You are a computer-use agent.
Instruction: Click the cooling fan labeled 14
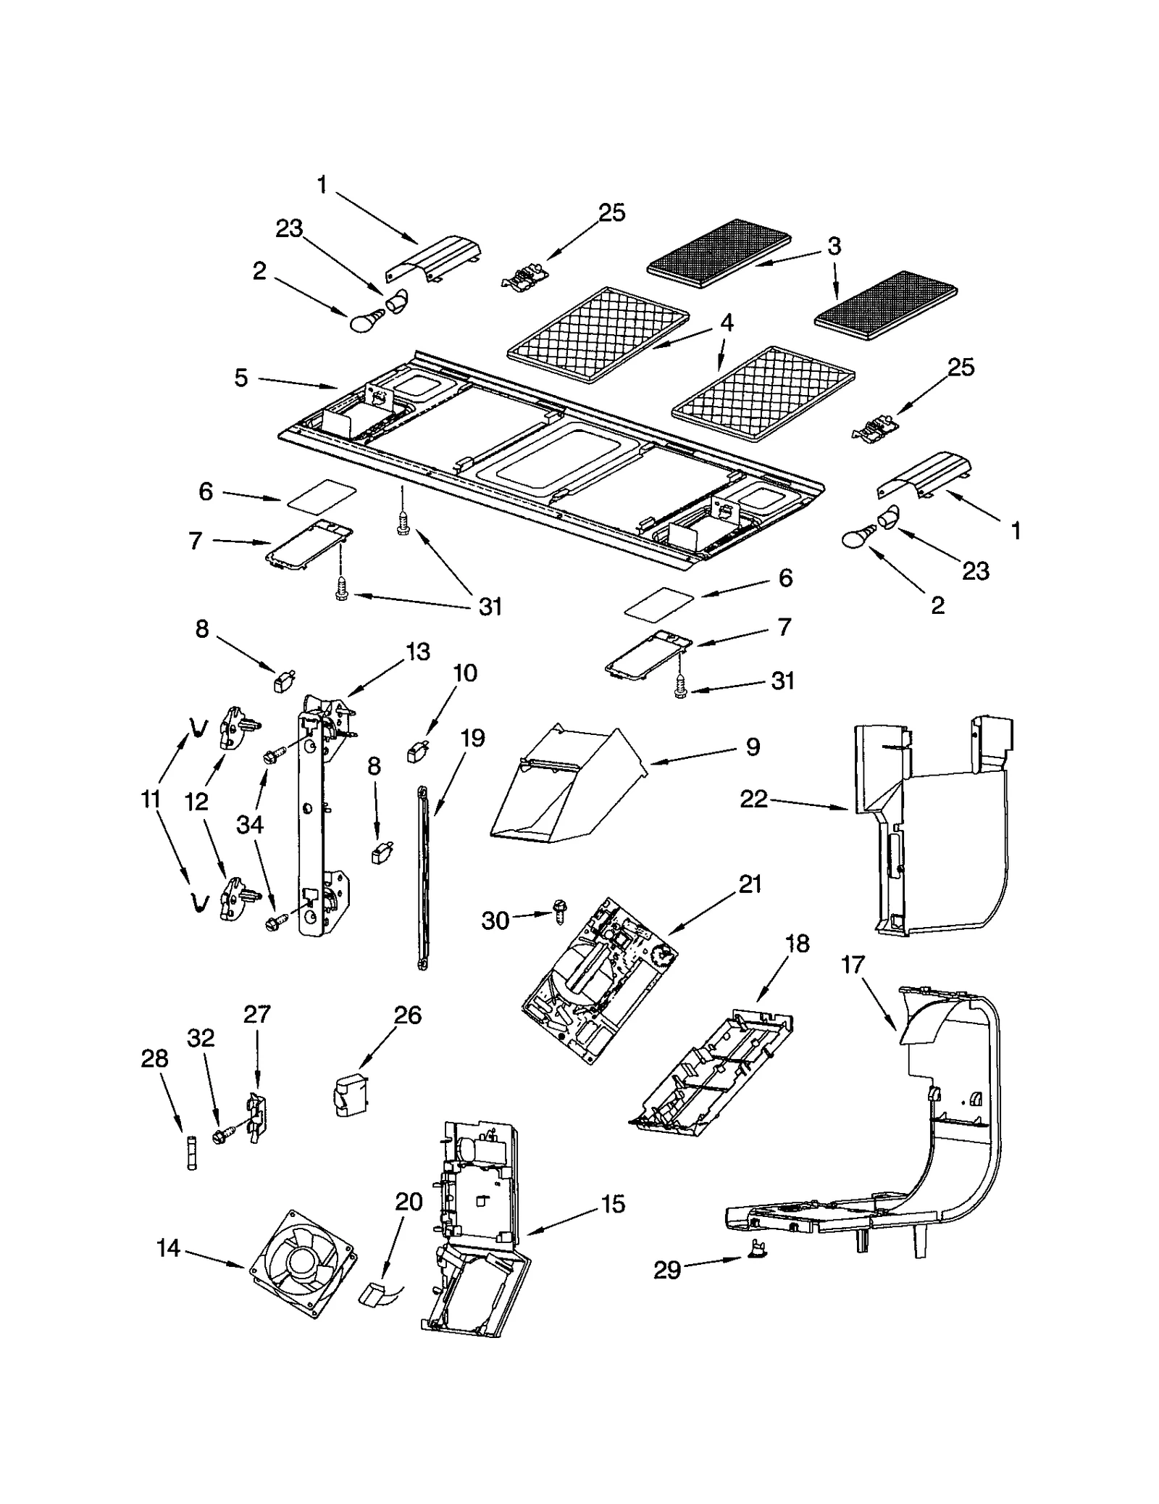[x=303, y=1263]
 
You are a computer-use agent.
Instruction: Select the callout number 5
[x=241, y=378]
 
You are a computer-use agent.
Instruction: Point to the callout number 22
[x=753, y=799]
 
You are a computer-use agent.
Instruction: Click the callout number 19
[x=472, y=739]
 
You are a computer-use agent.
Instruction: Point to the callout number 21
[x=750, y=884]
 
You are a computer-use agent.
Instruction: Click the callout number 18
[x=797, y=944]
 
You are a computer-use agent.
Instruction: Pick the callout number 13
[x=418, y=651]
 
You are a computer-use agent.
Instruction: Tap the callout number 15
[x=612, y=1205]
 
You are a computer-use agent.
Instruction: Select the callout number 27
[x=257, y=1014]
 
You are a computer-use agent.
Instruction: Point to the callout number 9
[x=753, y=747]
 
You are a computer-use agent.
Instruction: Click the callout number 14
[x=168, y=1248]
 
